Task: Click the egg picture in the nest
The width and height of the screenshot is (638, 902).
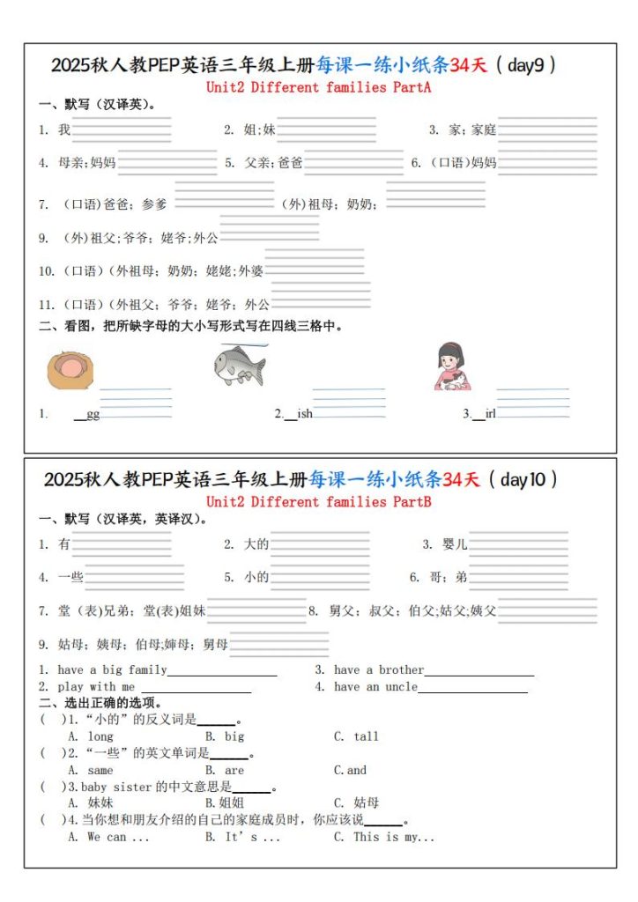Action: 68,370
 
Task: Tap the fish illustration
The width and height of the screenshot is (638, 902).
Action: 239,365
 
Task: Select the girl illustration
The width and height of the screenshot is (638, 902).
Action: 452,366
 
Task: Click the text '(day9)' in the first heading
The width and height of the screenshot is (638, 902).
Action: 526,65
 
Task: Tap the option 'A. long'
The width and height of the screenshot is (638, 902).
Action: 91,736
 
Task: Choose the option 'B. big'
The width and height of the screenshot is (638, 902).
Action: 225,736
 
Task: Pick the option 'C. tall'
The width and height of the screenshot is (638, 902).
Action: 356,736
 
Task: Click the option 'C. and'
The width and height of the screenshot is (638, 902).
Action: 350,770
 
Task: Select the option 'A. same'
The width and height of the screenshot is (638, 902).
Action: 91,770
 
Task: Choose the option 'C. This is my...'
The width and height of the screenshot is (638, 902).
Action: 384,837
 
